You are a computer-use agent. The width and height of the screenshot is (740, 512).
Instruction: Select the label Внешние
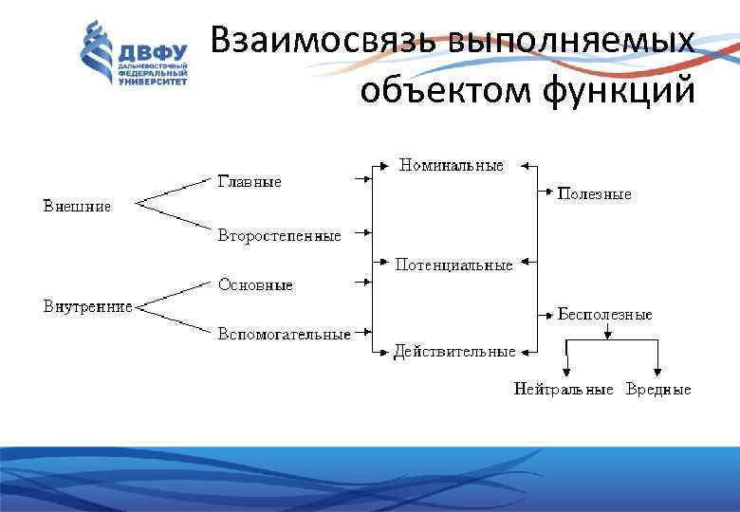[x=77, y=205]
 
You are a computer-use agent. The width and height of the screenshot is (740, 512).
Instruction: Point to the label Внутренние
[x=87, y=306]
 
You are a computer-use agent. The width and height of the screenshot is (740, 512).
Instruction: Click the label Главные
[x=250, y=181]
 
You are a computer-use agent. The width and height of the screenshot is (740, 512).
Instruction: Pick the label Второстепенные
[x=279, y=235]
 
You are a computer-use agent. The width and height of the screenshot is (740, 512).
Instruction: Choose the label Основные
[x=255, y=284]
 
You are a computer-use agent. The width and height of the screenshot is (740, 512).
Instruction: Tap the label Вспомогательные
[x=284, y=334]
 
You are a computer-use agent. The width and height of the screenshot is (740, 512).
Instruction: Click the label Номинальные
[x=452, y=165]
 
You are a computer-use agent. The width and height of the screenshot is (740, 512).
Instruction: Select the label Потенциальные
[x=453, y=265]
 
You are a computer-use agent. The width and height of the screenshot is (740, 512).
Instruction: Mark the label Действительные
[x=454, y=351]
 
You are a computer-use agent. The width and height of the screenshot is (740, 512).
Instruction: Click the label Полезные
[x=595, y=193]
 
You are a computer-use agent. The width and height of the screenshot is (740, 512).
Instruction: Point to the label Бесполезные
[x=604, y=314]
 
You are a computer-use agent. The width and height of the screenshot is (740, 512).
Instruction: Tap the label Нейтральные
[x=564, y=390]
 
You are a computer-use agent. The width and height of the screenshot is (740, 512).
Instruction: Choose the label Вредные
[x=658, y=390]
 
